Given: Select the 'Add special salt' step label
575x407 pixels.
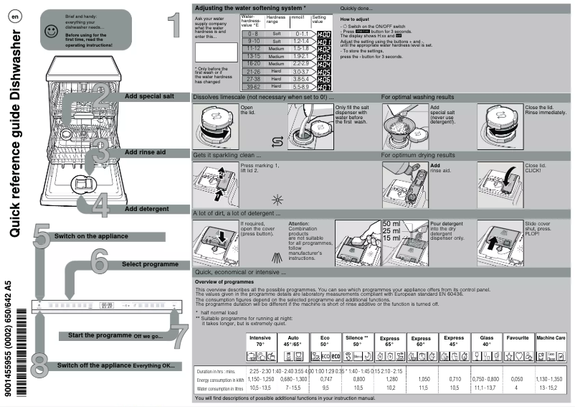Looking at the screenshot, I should (x=148, y=96).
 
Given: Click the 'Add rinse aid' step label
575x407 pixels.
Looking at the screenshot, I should (x=146, y=152).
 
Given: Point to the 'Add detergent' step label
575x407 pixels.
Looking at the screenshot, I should (x=146, y=208).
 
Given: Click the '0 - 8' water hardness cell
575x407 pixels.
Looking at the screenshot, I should (x=252, y=34).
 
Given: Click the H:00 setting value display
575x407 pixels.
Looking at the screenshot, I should (x=323, y=34).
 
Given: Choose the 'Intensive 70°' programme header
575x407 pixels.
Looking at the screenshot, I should (x=260, y=340).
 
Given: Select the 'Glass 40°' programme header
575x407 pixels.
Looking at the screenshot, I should (x=486, y=340).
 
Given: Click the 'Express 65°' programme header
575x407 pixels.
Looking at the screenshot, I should (x=389, y=340).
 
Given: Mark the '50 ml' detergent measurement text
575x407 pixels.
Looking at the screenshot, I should (x=392, y=223).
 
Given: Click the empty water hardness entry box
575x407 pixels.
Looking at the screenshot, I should (x=215, y=52).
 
